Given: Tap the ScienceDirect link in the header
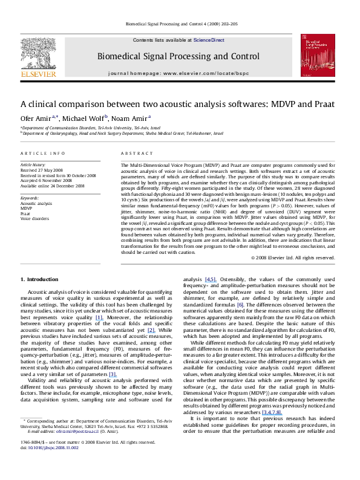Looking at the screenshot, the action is coord(208,40).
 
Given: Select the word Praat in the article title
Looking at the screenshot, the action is coord(321,103).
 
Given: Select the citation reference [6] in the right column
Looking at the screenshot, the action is coord(240,305).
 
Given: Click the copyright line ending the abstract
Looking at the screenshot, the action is coord(292,257).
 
